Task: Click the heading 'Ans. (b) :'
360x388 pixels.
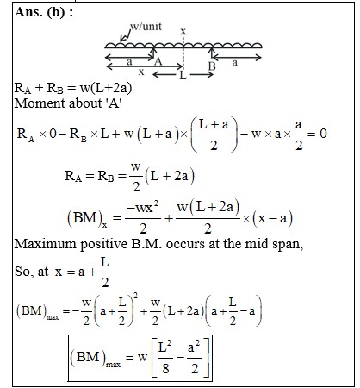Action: click(x=44, y=12)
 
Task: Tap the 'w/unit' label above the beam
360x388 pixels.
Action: click(x=146, y=26)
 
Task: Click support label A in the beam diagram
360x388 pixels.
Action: click(x=158, y=61)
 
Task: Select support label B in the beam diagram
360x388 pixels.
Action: click(x=212, y=66)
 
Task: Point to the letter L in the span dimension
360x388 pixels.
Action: click(x=183, y=76)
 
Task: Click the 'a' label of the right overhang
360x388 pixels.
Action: click(x=235, y=63)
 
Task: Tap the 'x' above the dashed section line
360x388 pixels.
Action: click(x=183, y=31)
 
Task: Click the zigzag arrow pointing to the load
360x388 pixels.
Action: click(x=125, y=35)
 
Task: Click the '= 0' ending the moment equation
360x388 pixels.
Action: click(x=317, y=134)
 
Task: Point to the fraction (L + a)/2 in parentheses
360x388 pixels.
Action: click(x=214, y=135)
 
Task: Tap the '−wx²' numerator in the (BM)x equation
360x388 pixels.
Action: click(x=143, y=208)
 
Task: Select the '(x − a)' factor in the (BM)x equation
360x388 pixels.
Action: click(x=272, y=219)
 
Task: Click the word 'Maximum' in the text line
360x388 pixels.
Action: click(x=46, y=244)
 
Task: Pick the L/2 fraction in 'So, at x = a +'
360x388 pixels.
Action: click(x=105, y=272)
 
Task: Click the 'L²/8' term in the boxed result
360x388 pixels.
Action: click(x=165, y=358)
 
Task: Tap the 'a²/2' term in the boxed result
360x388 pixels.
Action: click(x=195, y=358)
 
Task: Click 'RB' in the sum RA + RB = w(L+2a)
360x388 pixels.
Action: click(x=55, y=88)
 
